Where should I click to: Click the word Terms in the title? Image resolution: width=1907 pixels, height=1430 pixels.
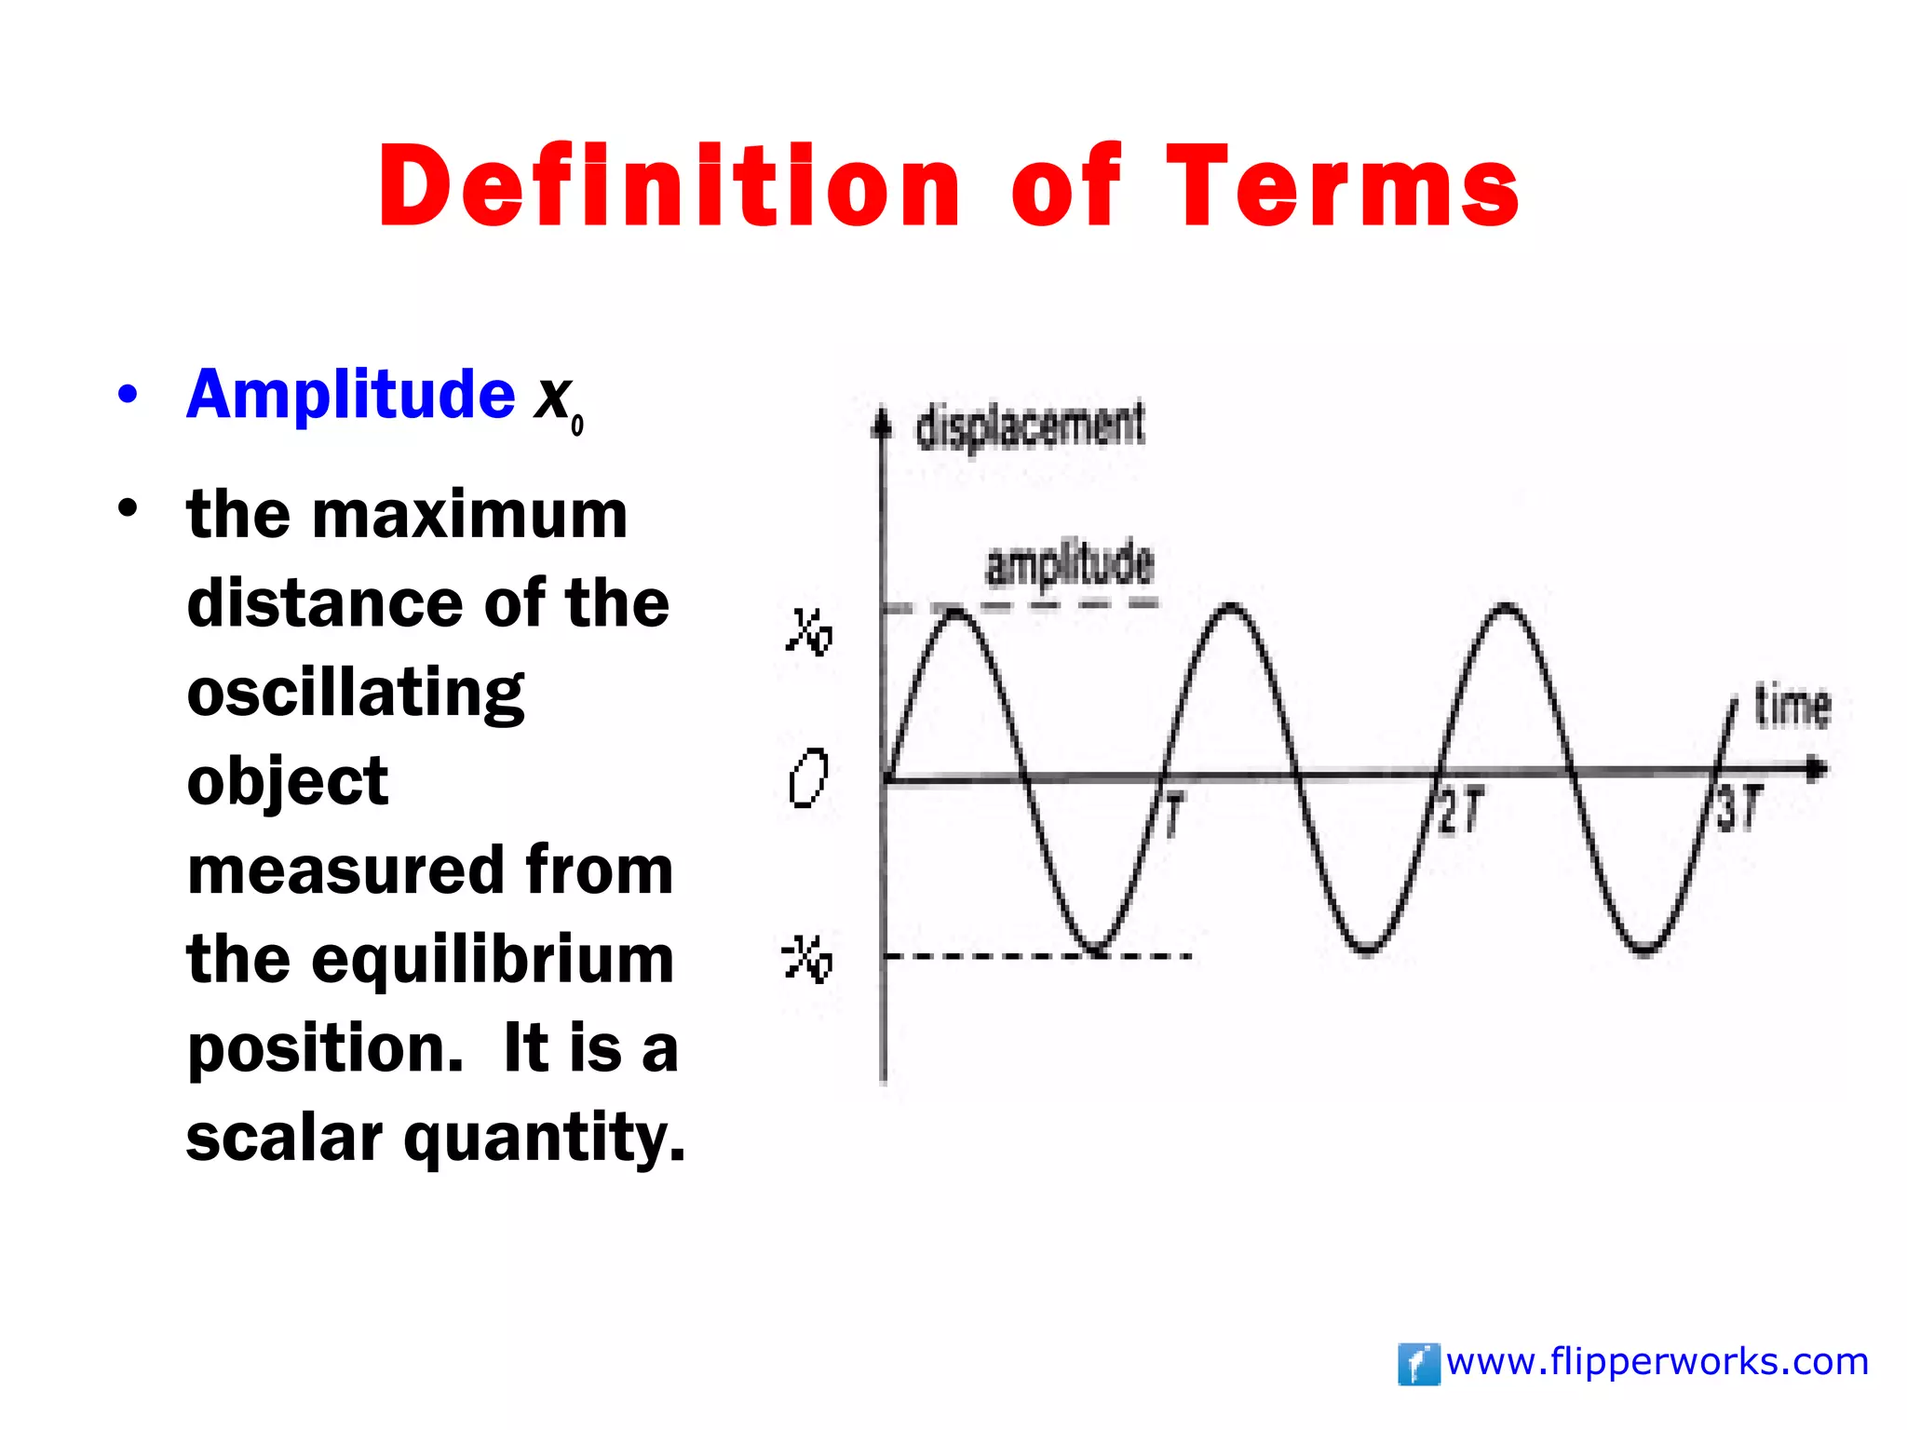1342,186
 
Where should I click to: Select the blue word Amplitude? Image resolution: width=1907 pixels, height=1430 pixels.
350,395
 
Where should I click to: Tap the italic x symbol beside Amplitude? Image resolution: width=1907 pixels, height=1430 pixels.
553,398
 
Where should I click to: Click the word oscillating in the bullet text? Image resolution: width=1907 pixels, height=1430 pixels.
355,694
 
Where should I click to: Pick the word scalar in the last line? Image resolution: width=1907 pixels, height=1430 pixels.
283,1137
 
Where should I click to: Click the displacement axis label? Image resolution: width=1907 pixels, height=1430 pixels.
1030,426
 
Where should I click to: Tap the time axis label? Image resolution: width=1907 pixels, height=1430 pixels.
1792,707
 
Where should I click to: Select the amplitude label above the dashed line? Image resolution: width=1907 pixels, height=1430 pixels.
1069,564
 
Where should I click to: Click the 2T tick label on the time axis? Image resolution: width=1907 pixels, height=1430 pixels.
1459,811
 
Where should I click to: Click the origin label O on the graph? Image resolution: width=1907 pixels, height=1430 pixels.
807,778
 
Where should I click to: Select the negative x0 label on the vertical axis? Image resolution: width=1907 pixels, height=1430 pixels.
806,958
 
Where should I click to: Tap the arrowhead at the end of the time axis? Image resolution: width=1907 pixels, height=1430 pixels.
1817,770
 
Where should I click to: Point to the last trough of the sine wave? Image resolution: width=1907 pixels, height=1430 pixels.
1644,950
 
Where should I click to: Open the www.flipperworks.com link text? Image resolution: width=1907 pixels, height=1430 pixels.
1657,1362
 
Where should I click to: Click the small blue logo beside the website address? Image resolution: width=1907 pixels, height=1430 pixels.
1418,1365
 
